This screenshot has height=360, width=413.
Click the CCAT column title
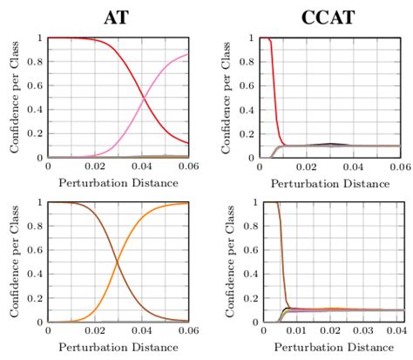pyautogui.click(x=330, y=15)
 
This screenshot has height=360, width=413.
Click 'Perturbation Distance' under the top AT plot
pyautogui.click(x=118, y=183)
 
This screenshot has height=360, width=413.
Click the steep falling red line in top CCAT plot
pyautogui.click(x=275, y=96)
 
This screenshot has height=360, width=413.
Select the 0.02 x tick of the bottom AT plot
pyautogui.click(x=94, y=332)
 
